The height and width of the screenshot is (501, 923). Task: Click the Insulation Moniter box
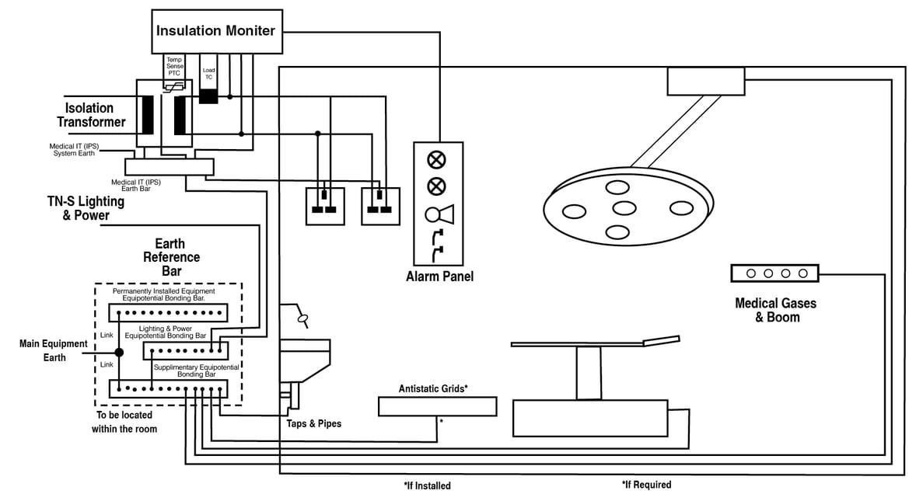point(215,31)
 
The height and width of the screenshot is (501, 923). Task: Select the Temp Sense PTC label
point(174,67)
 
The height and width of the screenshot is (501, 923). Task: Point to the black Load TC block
point(208,96)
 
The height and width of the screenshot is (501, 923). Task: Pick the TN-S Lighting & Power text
point(86,208)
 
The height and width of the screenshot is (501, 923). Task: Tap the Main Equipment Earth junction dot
point(119,352)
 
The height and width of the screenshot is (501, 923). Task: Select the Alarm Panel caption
point(439,277)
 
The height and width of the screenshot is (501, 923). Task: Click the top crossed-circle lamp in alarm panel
point(437,160)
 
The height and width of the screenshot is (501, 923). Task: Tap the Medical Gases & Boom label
point(775,310)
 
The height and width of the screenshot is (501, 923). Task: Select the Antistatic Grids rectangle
point(437,406)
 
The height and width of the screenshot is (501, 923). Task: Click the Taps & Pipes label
point(313,424)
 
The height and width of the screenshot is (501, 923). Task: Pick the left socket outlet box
point(325,206)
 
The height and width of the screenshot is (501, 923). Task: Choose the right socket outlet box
point(381,206)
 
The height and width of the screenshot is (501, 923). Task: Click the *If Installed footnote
point(427,486)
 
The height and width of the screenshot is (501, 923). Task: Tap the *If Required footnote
point(646,485)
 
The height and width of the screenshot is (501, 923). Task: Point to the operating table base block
point(590,417)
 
